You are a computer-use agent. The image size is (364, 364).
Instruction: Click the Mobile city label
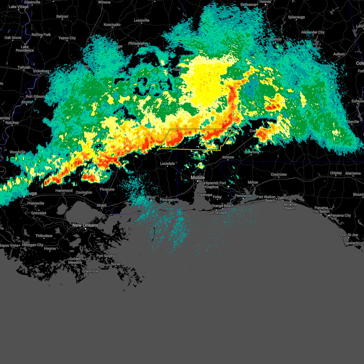coord(197,177)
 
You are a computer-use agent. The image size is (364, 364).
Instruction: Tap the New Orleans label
coord(85,225)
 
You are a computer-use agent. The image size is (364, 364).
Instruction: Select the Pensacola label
coord(243,196)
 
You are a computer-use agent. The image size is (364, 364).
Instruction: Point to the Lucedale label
coord(167,163)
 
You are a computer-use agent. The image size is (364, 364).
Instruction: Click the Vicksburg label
coord(41,71)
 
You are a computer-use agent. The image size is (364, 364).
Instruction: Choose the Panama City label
coord(341,215)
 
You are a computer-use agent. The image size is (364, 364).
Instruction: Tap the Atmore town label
coord(228,157)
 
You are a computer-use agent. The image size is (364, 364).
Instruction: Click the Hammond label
coord(64,190)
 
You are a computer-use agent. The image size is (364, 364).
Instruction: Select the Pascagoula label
coord(169,200)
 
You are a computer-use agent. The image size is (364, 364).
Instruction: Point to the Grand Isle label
coord(90,271)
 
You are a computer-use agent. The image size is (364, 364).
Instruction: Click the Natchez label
coord(12,123)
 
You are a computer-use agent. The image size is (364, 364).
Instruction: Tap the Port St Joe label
coord(349,235)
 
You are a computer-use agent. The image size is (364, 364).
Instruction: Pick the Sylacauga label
coord(296,17)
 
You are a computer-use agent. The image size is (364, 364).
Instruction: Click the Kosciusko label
coord(112,25)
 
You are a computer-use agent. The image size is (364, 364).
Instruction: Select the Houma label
coord(50,248)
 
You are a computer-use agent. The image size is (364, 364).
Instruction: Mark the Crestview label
coord(278,174)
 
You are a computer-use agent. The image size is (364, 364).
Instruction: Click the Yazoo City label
coord(67,38)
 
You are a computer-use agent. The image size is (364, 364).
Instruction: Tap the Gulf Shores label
coord(216,213)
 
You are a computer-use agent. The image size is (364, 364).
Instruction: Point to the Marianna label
coord(353,173)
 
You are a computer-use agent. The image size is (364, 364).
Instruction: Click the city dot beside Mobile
coord(198,181)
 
